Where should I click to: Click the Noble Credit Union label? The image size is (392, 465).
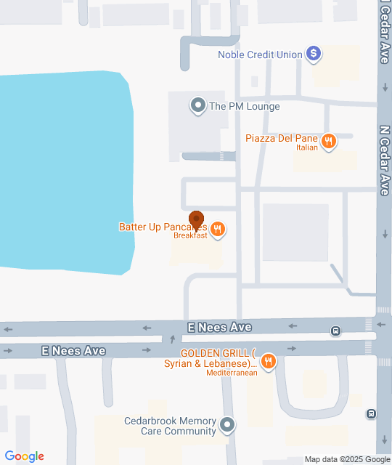pyautogui.click(x=260, y=54)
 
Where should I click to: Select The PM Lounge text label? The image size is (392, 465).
pyautogui.click(x=244, y=106)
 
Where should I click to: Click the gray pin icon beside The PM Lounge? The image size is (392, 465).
pyautogui.click(x=197, y=106)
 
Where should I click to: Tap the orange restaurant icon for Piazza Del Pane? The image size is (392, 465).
pyautogui.click(x=329, y=141)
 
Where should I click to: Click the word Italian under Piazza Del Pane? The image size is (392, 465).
pyautogui.click(x=307, y=148)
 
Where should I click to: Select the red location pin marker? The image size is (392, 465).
pyautogui.click(x=196, y=219)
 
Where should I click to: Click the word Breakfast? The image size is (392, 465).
pyautogui.click(x=190, y=235)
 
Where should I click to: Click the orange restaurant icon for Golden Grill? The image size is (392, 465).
pyautogui.click(x=269, y=361)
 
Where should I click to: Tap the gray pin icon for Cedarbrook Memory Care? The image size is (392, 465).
pyautogui.click(x=228, y=424)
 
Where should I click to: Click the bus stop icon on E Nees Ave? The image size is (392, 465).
pyautogui.click(x=335, y=331)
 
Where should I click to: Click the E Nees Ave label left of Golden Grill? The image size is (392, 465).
pyautogui.click(x=73, y=351)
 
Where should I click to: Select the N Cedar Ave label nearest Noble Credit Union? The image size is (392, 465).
pyautogui.click(x=384, y=33)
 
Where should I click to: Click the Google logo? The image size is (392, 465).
pyautogui.click(x=24, y=456)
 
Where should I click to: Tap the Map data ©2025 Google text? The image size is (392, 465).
pyautogui.click(x=347, y=459)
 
